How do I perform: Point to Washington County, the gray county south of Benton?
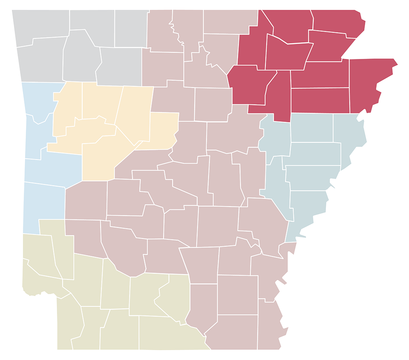pos(39,61)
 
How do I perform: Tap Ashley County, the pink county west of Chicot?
pos(231,331)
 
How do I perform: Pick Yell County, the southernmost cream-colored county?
pos(100,160)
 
